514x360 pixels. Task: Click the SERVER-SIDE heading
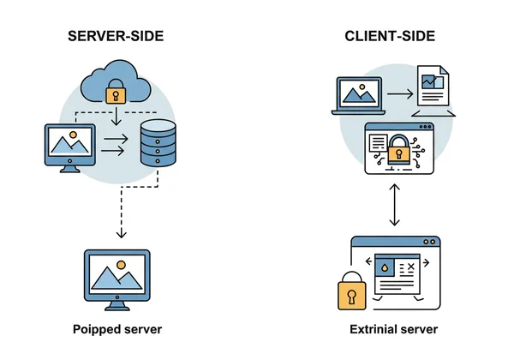(117, 37)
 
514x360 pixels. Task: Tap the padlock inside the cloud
(115, 93)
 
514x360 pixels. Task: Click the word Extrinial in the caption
(374, 330)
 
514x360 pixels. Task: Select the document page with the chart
(433, 86)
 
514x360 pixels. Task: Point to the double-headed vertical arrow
(394, 206)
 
